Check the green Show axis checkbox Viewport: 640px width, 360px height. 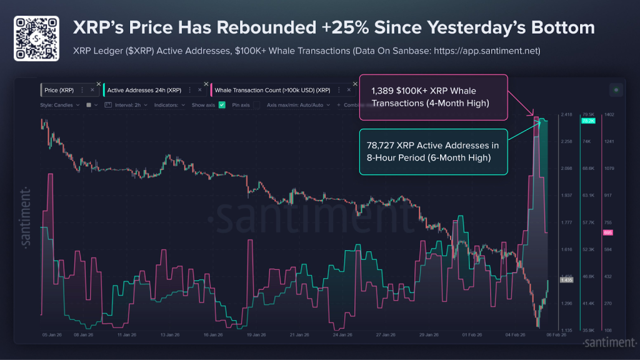click(x=221, y=105)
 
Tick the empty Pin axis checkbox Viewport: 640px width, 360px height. click(x=256, y=105)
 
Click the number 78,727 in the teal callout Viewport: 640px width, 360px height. click(x=381, y=146)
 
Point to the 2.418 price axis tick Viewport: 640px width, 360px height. click(x=566, y=115)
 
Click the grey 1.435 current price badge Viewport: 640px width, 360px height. click(x=566, y=280)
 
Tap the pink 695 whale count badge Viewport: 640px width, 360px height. click(x=607, y=232)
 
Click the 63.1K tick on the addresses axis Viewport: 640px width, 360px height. click(x=587, y=196)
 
